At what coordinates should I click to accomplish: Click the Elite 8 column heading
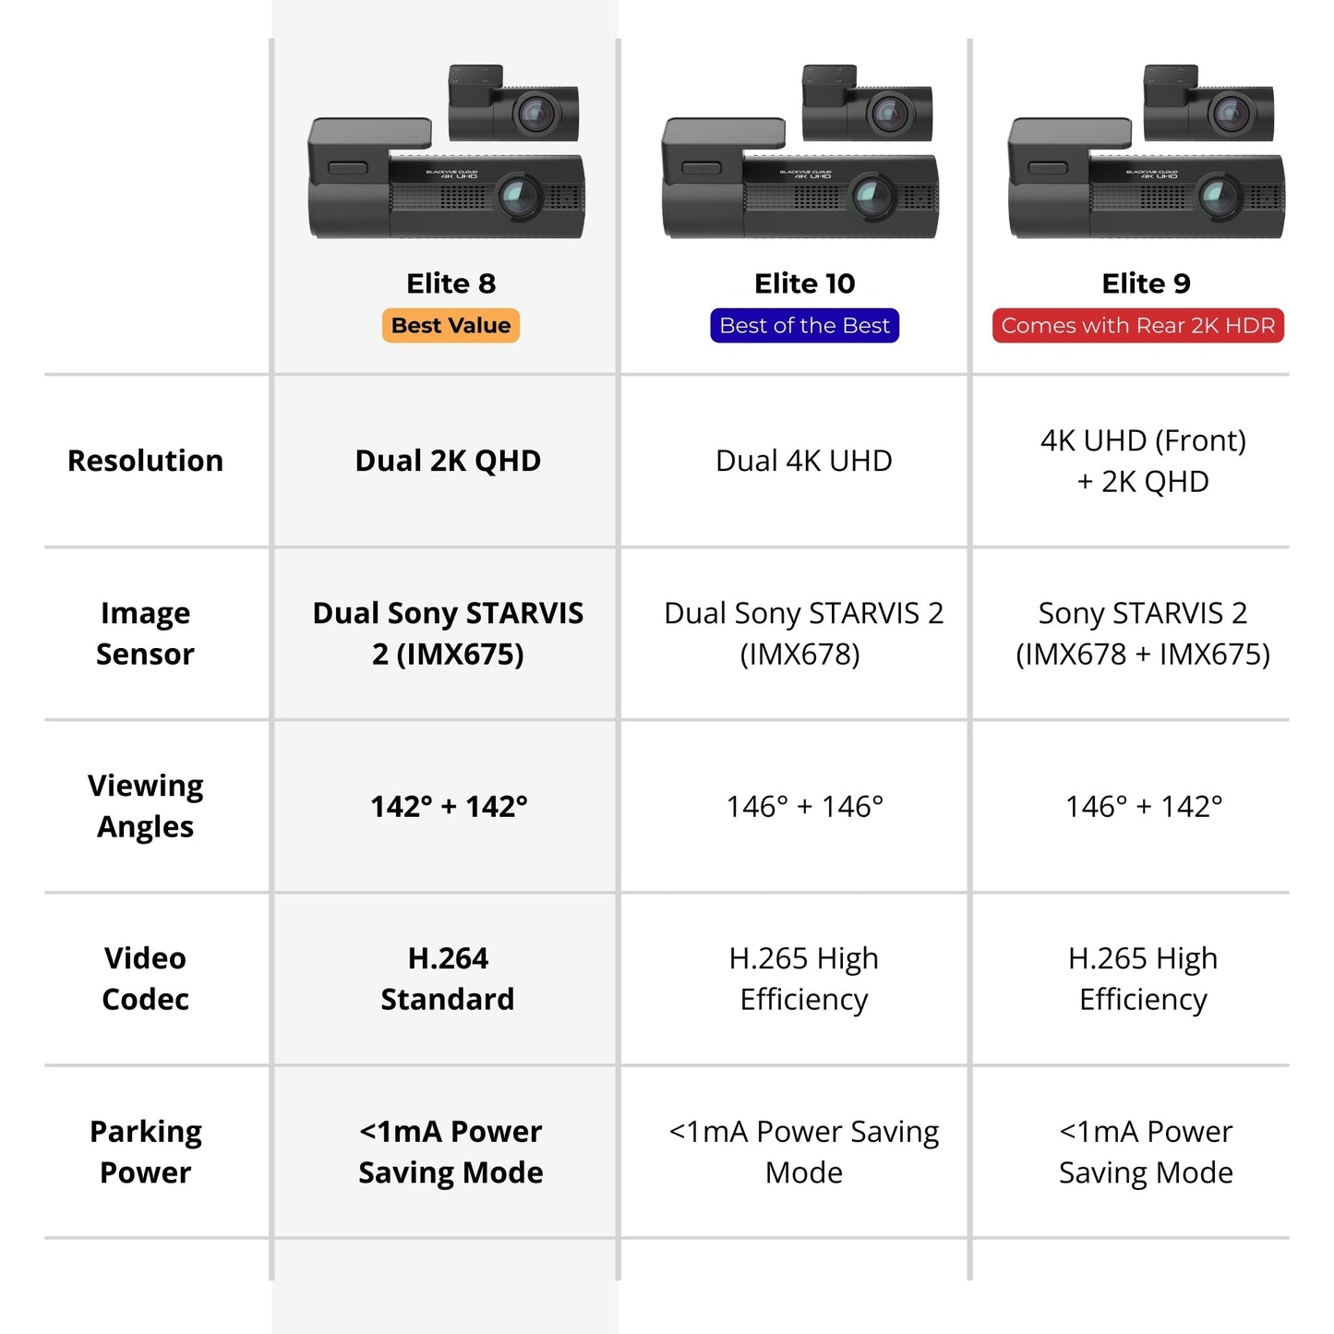coord(451,283)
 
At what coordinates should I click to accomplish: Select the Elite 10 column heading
coord(804,283)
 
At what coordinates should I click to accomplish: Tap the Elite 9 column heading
coord(1146,283)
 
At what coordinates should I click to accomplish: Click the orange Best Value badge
coord(451,326)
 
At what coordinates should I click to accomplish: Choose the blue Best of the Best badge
coord(804,326)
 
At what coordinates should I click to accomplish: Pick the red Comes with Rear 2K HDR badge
coord(1137,326)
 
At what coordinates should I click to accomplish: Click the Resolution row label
coord(145,461)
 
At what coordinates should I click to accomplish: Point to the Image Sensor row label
coord(145,633)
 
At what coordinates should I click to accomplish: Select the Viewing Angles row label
coord(145,806)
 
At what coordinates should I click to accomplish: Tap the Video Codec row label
coord(145,979)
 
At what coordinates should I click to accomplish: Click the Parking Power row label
coord(145,1151)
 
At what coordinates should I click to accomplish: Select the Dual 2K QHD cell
coord(448,461)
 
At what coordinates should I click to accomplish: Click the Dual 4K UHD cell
coord(803,461)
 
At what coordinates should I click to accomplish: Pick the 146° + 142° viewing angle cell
coord(1143,807)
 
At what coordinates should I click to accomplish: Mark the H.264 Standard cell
coord(448,979)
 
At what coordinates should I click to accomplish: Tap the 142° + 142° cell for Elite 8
coord(449,807)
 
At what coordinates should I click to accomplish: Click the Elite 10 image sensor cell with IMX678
coord(803,633)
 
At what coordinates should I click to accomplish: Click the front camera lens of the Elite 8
coord(518,197)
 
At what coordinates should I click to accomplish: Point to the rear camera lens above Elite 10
coord(889,114)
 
